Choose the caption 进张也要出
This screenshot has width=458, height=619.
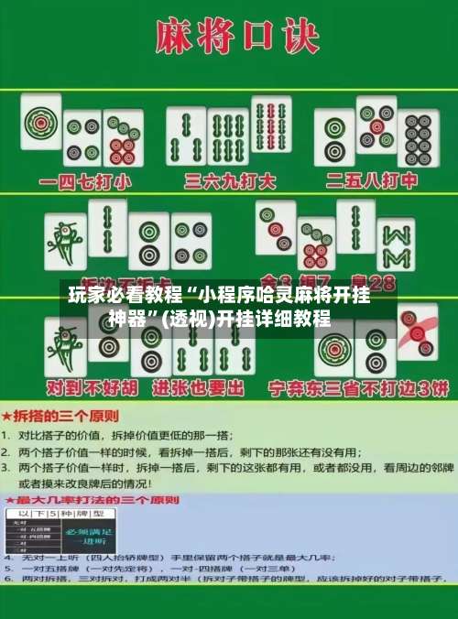[199, 388]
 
